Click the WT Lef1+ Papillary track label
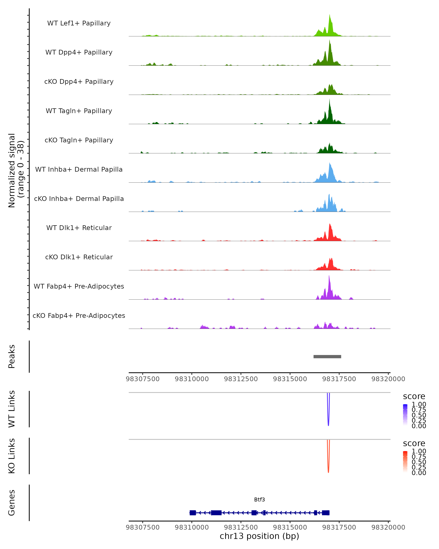click(x=79, y=23)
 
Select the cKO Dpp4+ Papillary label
click(x=79, y=81)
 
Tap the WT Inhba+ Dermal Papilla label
click(x=79, y=169)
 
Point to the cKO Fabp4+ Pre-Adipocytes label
click(x=79, y=315)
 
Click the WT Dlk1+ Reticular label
click(x=79, y=228)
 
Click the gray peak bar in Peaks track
click(x=327, y=356)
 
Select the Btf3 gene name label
click(x=259, y=500)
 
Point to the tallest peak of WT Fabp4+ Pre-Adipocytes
click(x=329, y=276)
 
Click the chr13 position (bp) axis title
click(x=259, y=536)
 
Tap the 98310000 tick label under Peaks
click(x=192, y=379)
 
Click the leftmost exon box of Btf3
click(x=193, y=513)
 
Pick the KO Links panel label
click(x=12, y=456)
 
